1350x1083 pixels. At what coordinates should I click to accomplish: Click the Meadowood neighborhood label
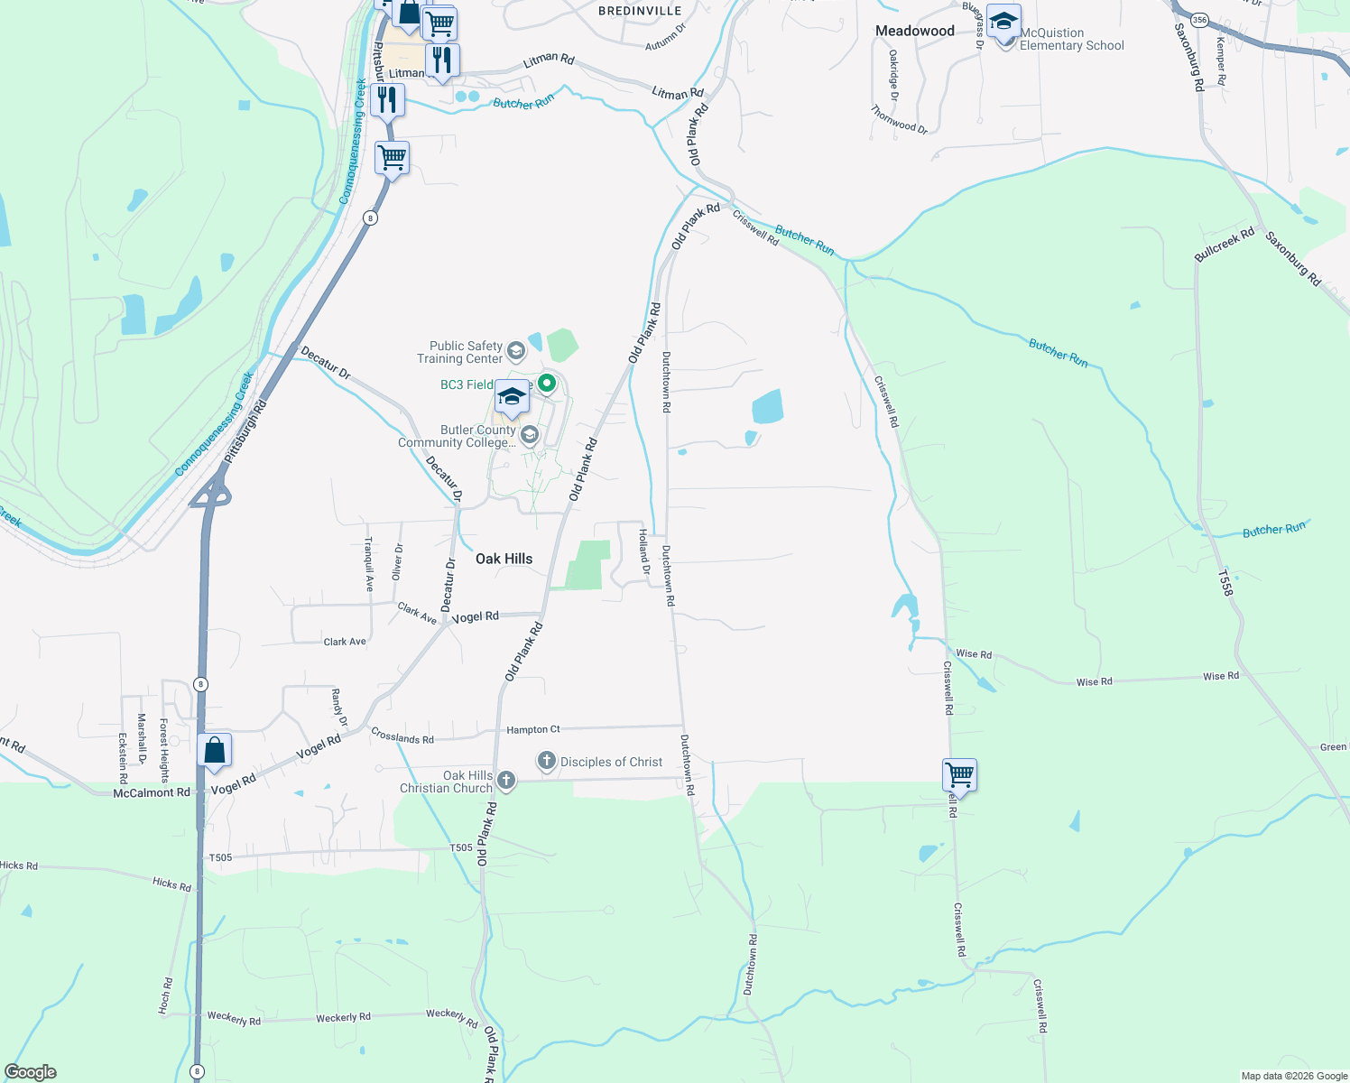pyautogui.click(x=914, y=31)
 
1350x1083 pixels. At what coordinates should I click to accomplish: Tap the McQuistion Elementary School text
pyautogui.click(x=1071, y=40)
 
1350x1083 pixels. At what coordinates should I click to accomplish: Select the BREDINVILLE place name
pyautogui.click(x=640, y=11)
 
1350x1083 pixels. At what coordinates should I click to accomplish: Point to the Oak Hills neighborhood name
pyautogui.click(x=504, y=559)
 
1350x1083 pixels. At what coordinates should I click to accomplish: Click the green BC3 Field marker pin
pyautogui.click(x=547, y=384)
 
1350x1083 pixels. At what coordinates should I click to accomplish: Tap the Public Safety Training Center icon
pyautogui.click(x=516, y=350)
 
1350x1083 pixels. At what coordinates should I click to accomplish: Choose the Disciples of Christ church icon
pyautogui.click(x=547, y=762)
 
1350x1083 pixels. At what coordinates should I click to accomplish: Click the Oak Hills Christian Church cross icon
pyautogui.click(x=506, y=781)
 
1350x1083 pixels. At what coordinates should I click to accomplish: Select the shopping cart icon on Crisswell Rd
pyautogui.click(x=959, y=774)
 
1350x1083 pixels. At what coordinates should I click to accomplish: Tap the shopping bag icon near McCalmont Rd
pyautogui.click(x=215, y=750)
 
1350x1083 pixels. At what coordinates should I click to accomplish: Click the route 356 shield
pyautogui.click(x=1198, y=19)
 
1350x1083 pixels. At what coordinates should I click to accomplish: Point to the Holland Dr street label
pyautogui.click(x=644, y=551)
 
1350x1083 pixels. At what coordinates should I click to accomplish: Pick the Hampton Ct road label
pyautogui.click(x=532, y=729)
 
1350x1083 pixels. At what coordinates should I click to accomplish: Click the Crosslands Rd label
pyautogui.click(x=402, y=737)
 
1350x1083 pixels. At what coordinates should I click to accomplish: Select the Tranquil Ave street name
pyautogui.click(x=368, y=564)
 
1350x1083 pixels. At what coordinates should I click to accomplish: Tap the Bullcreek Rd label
pyautogui.click(x=1225, y=245)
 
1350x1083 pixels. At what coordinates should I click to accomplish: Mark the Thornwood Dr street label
pyautogui.click(x=899, y=119)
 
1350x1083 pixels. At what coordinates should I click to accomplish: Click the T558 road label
pyautogui.click(x=1225, y=583)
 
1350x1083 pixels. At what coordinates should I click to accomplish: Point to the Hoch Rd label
pyautogui.click(x=166, y=995)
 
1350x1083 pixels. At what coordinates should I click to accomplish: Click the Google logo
pyautogui.click(x=31, y=1072)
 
